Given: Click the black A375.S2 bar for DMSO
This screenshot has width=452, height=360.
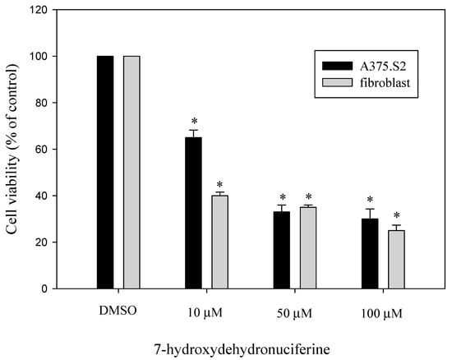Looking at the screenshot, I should [x=105, y=172].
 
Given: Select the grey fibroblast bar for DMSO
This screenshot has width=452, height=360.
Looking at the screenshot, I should [x=131, y=172].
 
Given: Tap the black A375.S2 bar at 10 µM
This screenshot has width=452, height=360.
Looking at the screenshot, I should [x=193, y=213].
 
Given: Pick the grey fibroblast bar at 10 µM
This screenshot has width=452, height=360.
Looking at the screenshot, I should [x=219, y=242].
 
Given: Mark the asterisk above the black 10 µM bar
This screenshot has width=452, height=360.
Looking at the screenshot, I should [x=193, y=120].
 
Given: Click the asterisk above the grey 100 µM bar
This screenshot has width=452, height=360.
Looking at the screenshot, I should [x=396, y=215].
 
